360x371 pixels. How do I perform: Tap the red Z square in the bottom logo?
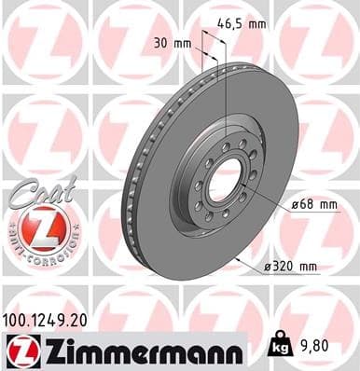(20, 351)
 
